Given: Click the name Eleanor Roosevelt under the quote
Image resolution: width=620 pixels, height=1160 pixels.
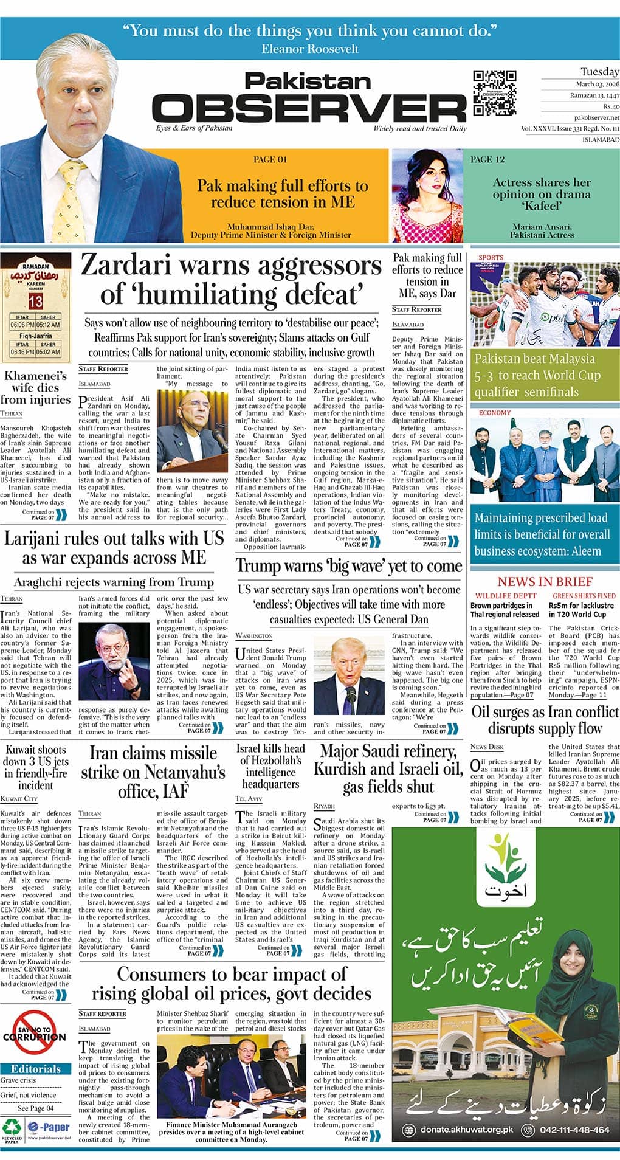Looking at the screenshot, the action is point(310,49).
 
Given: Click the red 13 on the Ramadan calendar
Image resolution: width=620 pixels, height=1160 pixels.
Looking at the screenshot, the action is point(35,302).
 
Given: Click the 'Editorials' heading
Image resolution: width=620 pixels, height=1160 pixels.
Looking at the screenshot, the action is point(35,1069).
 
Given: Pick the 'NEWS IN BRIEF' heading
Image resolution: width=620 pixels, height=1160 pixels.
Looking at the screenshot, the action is point(544,581).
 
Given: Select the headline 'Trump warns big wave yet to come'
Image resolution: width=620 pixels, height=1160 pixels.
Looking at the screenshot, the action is point(349,566).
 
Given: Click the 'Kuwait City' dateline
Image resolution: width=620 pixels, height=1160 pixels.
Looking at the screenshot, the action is point(19,798).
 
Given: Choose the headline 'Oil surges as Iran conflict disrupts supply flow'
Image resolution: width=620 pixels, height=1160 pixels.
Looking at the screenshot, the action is point(545,720).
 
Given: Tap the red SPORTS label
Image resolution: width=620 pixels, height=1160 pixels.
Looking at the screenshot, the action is point(491,257).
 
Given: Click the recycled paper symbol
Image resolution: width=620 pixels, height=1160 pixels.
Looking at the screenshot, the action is point(11,1126).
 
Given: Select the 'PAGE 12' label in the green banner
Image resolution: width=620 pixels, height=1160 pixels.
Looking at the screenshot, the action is point(487,159).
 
